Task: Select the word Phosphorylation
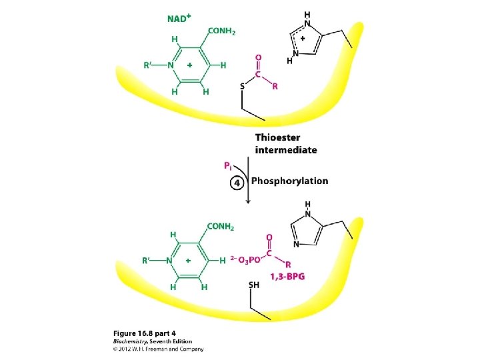(x=289, y=181)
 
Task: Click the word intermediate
(x=286, y=150)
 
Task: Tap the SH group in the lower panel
(x=253, y=285)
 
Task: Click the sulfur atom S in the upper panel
(x=243, y=85)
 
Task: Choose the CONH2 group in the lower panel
(x=221, y=227)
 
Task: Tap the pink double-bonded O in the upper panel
(x=259, y=58)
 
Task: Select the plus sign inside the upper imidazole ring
(x=303, y=39)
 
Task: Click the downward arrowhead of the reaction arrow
(x=247, y=200)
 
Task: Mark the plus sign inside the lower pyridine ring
(x=189, y=261)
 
